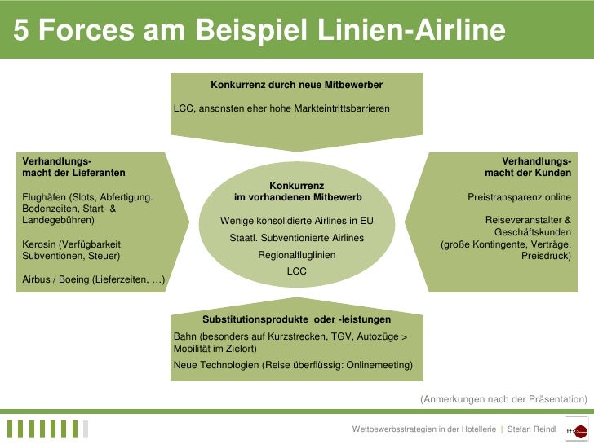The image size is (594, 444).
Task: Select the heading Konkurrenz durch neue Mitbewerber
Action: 296,85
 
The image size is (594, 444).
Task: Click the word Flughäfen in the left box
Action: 45,197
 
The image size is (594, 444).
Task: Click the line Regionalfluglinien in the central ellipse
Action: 296,255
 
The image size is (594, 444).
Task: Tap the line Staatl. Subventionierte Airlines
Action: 296,238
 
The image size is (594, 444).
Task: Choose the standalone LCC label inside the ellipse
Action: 296,271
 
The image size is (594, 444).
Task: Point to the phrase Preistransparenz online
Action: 519,197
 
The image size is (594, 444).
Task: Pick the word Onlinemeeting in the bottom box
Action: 381,365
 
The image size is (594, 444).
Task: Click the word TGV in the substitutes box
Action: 342,336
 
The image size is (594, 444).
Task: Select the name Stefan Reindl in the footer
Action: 531,429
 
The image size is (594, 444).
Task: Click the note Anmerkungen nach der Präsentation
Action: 503,399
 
